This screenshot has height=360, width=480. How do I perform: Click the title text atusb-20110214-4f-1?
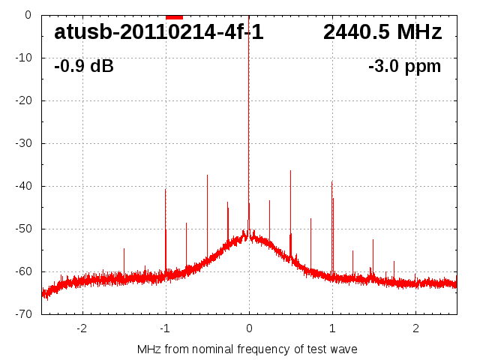[158, 32]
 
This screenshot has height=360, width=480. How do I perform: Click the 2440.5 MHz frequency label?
[382, 32]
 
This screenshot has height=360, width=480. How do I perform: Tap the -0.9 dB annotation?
[84, 66]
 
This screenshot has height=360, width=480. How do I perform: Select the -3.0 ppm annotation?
[404, 66]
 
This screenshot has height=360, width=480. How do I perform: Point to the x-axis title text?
[247, 349]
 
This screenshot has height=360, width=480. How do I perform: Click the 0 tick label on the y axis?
[27, 15]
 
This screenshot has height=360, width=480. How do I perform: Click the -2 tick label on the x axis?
[82, 328]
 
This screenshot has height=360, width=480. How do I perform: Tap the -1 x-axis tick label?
[165, 328]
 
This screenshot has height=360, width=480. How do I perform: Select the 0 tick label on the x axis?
[249, 328]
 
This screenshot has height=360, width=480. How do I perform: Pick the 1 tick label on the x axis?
[332, 328]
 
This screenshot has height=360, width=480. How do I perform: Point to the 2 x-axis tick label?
[415, 328]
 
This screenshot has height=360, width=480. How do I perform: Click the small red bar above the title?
[174, 16]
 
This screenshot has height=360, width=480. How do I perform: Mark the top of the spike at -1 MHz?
[166, 190]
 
